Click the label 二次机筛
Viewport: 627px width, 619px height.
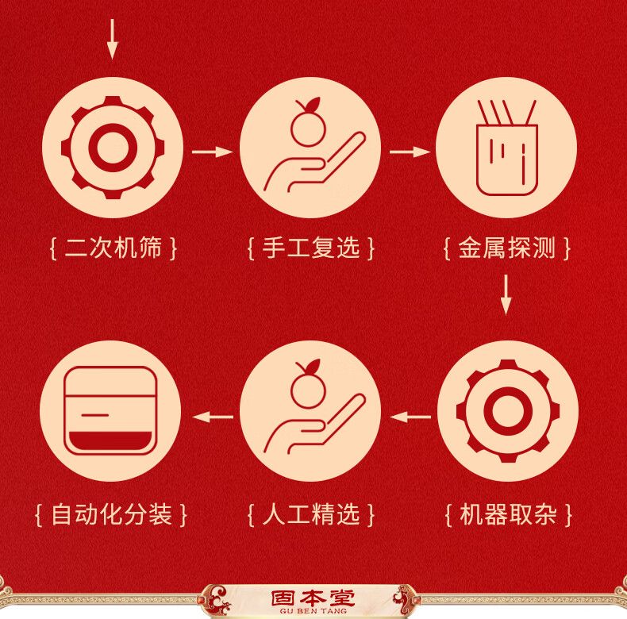(x=113, y=248)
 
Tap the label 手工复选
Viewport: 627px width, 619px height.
(x=311, y=248)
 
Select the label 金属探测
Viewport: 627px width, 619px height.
(x=506, y=248)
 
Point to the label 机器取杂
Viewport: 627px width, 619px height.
(x=508, y=514)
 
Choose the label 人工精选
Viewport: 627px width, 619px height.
(x=311, y=514)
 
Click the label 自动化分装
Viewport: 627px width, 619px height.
(x=112, y=514)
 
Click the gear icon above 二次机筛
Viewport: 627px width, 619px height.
(x=113, y=148)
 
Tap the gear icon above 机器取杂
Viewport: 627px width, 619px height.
(x=508, y=411)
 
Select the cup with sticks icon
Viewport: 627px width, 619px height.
(x=506, y=148)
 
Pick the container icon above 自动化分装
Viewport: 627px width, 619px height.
(x=111, y=410)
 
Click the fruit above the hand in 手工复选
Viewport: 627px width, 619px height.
(x=308, y=123)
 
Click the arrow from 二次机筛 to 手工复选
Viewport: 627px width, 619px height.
(x=213, y=152)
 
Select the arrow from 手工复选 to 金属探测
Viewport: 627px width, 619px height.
(x=410, y=152)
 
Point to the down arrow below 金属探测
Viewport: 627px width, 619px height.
(x=506, y=294)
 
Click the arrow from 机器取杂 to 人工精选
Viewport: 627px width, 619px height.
(x=410, y=417)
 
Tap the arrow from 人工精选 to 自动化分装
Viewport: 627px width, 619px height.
(x=213, y=417)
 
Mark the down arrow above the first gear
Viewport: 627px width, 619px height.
(x=113, y=39)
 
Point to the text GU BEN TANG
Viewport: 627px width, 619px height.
(x=313, y=611)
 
